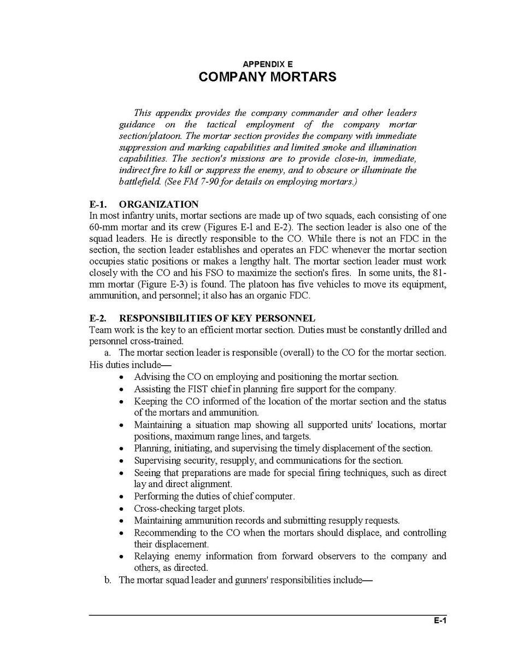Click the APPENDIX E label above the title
pos(267,64)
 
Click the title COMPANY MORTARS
pos(267,77)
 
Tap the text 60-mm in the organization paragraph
pos(102,227)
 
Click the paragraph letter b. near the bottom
pos(108,581)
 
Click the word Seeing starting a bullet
pos(148,473)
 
